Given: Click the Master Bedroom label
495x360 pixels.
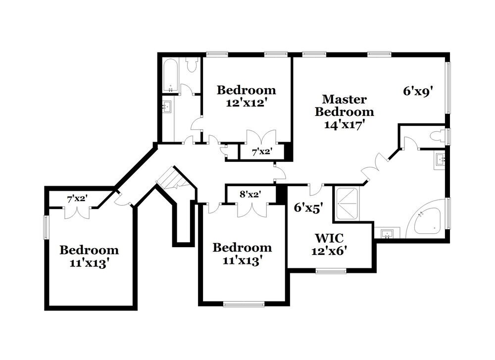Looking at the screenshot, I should [x=345, y=105].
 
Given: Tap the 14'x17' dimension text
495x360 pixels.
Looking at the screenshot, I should [x=345, y=125].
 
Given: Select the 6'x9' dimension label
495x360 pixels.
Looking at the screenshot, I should [x=421, y=91].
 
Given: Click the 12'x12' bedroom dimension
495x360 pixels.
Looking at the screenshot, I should [x=246, y=103].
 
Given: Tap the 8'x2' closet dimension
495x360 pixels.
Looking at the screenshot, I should [x=250, y=195].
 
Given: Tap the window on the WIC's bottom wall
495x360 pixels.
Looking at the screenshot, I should [x=331, y=270].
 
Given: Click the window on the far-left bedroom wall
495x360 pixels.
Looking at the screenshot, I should [x=46, y=227].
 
